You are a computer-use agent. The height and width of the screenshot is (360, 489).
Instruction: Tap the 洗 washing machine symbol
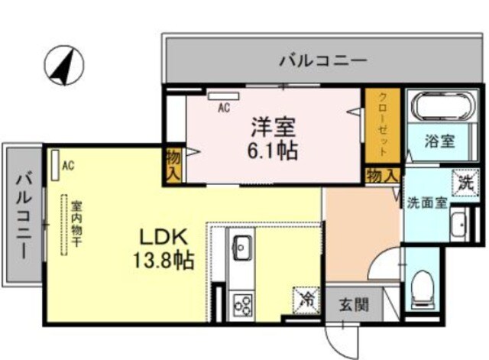(x=465, y=182)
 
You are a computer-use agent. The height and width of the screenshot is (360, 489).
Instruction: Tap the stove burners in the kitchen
(x=243, y=303)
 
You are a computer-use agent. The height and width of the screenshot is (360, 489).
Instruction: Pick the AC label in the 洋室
(x=224, y=109)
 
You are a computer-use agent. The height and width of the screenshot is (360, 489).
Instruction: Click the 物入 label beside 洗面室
(x=382, y=175)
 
